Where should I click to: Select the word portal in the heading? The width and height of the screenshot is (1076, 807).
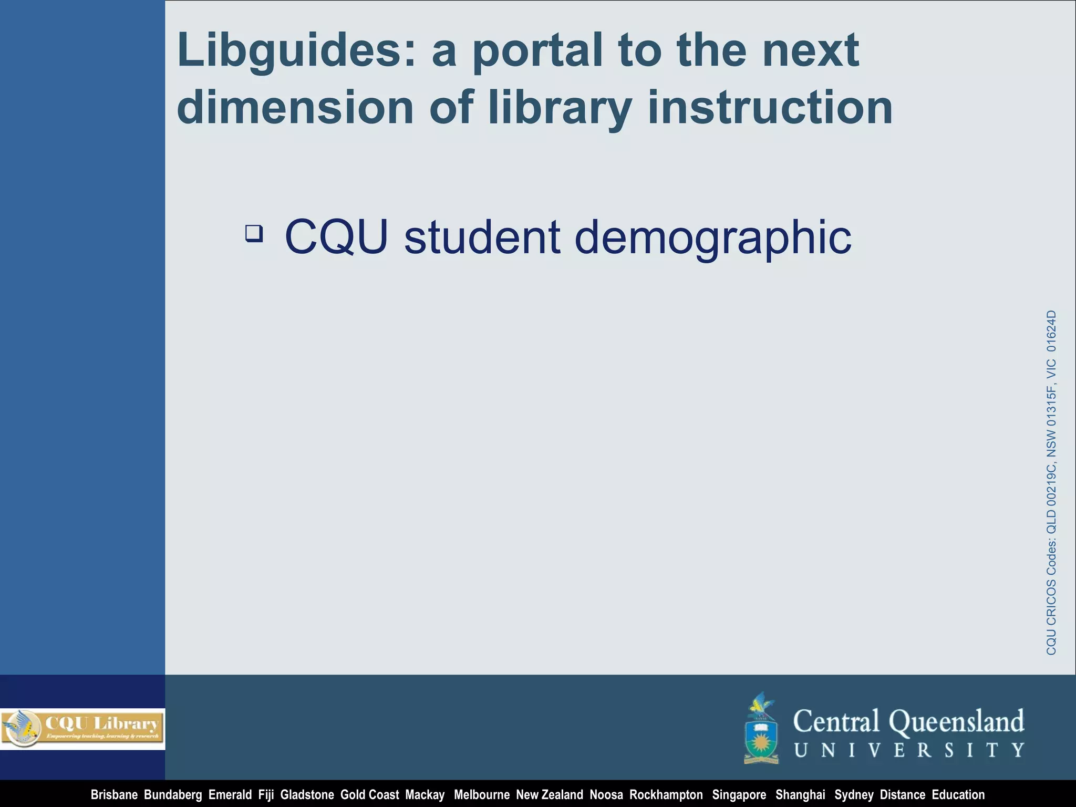538,51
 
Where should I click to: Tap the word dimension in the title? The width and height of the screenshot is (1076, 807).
295,108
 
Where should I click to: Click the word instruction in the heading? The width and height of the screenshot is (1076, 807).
770,108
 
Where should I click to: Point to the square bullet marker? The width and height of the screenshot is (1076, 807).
254,233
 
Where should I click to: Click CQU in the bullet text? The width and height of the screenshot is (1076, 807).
336,237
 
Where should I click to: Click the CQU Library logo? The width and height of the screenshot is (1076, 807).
82,728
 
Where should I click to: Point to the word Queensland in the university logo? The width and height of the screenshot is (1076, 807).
956,721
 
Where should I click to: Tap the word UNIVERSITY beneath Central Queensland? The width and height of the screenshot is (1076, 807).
909,750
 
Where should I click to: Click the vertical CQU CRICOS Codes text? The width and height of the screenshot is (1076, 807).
1051,482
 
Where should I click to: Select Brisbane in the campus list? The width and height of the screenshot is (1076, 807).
114,795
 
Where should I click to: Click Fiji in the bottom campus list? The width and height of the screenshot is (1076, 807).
266,795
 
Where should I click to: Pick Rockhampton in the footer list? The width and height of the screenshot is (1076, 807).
666,795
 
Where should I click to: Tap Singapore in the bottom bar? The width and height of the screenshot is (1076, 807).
739,795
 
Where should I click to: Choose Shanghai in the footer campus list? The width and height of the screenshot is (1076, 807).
800,795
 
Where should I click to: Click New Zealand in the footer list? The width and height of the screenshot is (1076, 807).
549,795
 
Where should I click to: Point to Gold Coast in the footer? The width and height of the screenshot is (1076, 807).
369,795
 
